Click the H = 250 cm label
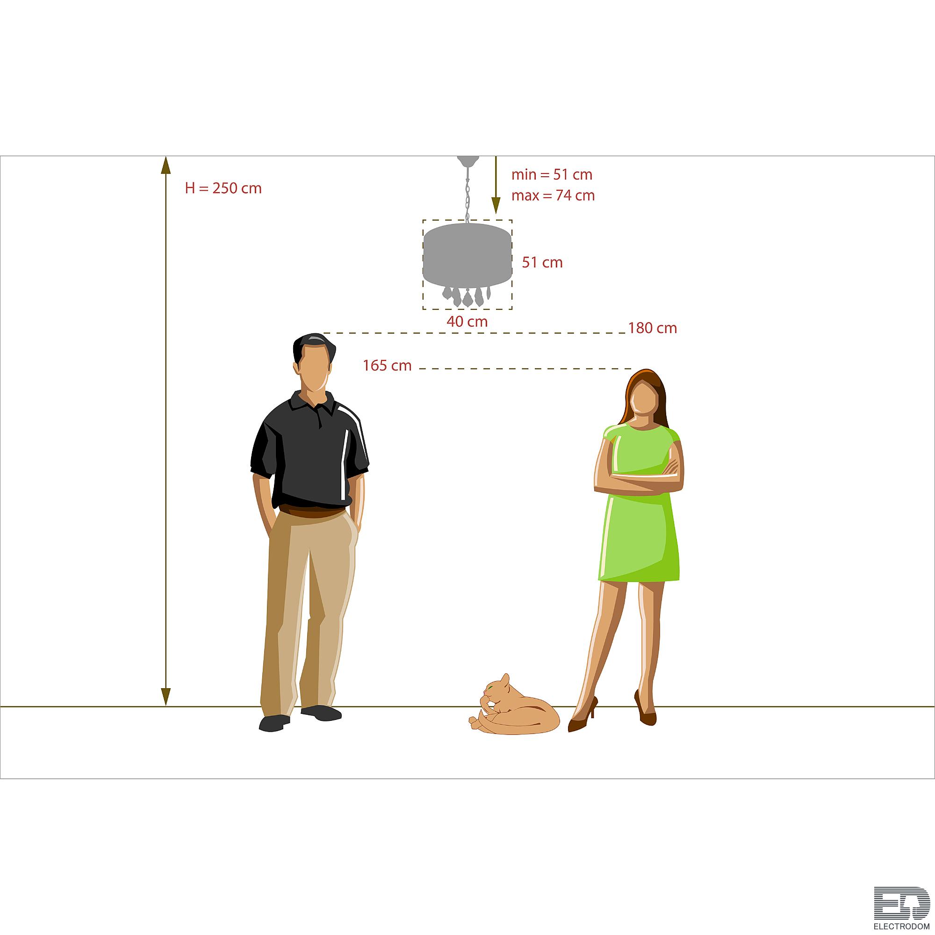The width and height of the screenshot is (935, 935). pyautogui.click(x=223, y=188)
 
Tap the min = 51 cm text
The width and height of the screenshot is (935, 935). pyautogui.click(x=552, y=174)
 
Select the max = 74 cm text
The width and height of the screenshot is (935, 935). pyautogui.click(x=553, y=195)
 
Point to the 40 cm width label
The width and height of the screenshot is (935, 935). pyautogui.click(x=467, y=321)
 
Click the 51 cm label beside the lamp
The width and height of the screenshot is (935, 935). pyautogui.click(x=542, y=262)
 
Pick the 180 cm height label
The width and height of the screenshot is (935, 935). pyautogui.click(x=652, y=328)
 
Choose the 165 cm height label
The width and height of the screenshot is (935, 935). pyautogui.click(x=387, y=366)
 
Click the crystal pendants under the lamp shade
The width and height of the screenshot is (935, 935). pyautogui.click(x=467, y=296)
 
